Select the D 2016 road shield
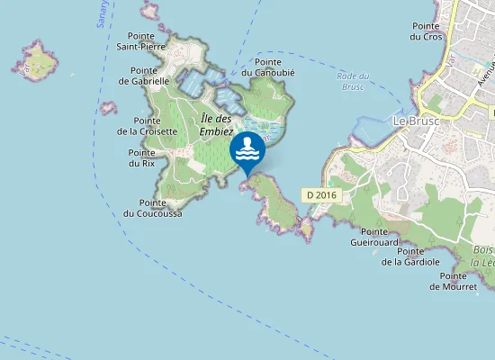click(320, 194)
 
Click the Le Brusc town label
click(417, 120)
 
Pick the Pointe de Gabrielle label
click(144, 75)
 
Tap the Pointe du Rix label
click(141, 158)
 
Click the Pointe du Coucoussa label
click(153, 208)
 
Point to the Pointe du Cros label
click(426, 31)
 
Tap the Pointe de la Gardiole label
click(410, 256)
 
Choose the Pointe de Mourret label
click(453, 281)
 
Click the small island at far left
click(35, 58)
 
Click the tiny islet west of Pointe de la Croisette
click(109, 108)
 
